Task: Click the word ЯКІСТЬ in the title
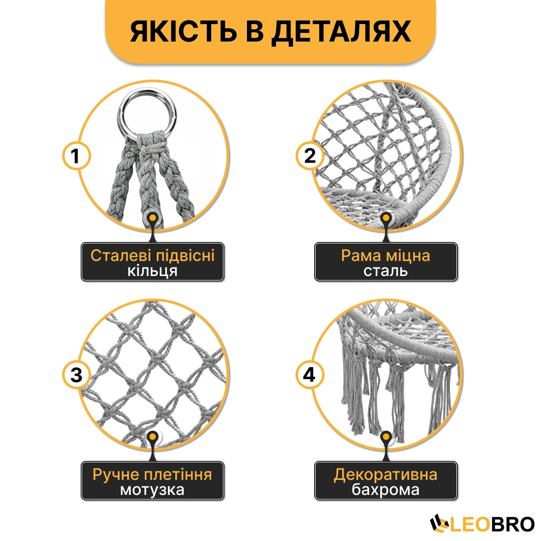(x=183, y=32)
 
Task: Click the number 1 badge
(x=76, y=156)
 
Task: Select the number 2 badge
(x=310, y=156)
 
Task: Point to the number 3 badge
(x=76, y=375)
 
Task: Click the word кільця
(x=152, y=271)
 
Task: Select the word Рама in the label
(x=361, y=256)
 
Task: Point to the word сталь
(x=385, y=271)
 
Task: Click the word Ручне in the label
(x=116, y=475)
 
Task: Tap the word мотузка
(x=152, y=490)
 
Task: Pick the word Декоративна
(x=385, y=475)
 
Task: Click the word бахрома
(x=385, y=489)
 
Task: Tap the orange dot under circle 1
(x=152, y=218)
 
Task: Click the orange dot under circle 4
(x=386, y=437)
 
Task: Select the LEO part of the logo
(x=469, y=524)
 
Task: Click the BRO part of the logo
(x=512, y=524)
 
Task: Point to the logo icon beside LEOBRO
(x=439, y=524)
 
